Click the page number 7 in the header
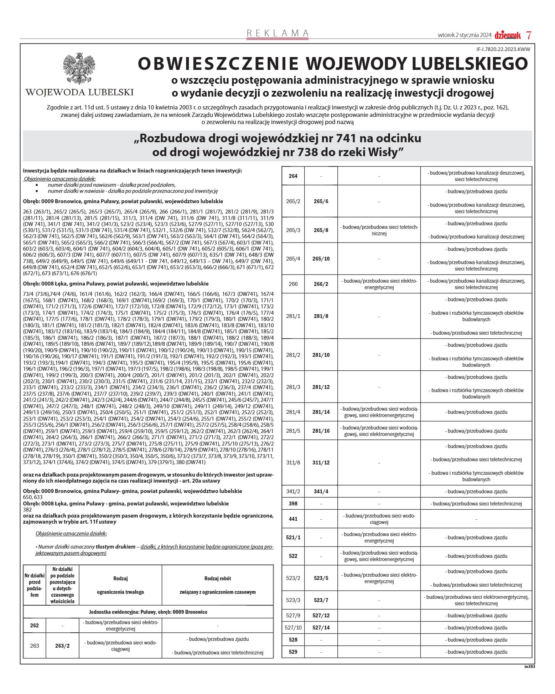point(529,35)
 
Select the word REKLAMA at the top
point(277,33)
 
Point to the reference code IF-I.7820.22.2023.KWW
point(503,50)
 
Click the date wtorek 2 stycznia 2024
point(465,35)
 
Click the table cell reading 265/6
point(321,201)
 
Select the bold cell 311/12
point(321,463)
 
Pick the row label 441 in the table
point(293,519)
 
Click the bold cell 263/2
point(62,646)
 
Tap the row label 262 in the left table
point(35,626)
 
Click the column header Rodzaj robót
point(217,579)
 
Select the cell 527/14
point(321,628)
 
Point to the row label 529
point(293,652)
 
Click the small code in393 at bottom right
point(529,666)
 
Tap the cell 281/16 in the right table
point(321,431)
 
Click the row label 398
point(293,504)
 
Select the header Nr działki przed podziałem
point(35,585)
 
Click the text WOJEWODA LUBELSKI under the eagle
point(79,92)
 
